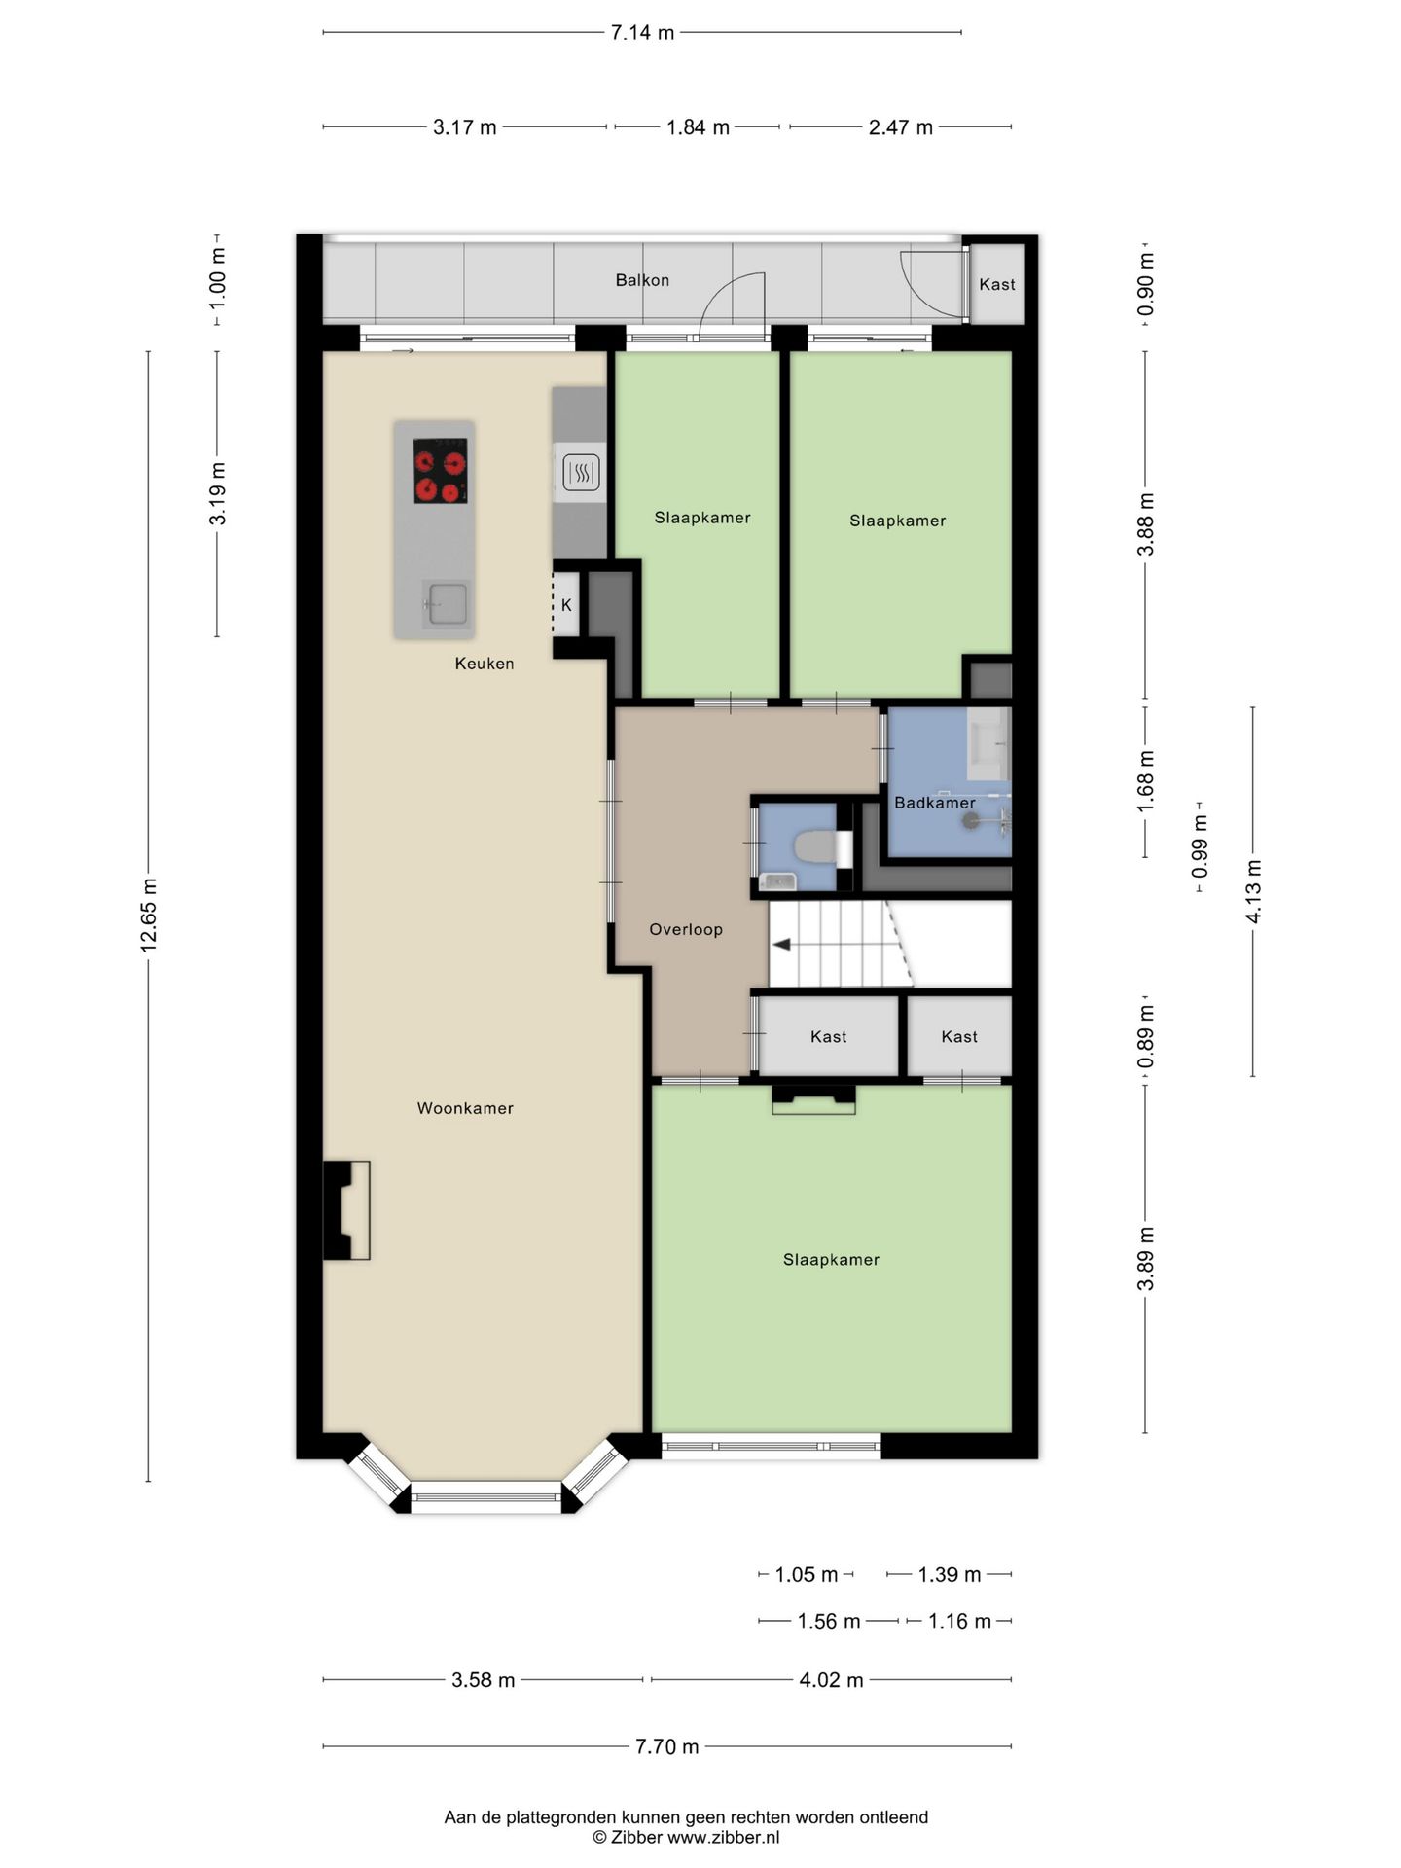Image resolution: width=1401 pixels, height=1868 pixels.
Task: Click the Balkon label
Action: (642, 280)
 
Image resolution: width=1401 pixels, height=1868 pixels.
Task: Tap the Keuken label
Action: (485, 664)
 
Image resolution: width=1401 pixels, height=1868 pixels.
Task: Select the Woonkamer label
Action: (465, 1108)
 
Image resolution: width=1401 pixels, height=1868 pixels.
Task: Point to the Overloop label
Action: (686, 929)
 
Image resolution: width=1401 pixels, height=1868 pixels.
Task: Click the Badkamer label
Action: (934, 803)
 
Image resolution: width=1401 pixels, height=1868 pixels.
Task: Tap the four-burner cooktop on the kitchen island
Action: (441, 471)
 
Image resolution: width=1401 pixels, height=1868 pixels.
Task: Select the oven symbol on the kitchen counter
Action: (581, 474)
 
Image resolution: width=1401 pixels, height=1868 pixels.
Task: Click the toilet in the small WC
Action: (815, 846)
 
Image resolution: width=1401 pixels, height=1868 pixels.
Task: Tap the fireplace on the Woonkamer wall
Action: (346, 1210)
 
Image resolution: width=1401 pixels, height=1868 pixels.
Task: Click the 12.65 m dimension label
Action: (149, 915)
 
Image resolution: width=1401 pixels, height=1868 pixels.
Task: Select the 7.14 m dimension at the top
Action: (642, 33)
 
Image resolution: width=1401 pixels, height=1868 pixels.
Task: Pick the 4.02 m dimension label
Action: (831, 1680)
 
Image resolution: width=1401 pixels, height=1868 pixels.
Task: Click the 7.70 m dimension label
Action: (667, 1746)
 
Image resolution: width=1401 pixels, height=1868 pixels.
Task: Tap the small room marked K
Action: (566, 605)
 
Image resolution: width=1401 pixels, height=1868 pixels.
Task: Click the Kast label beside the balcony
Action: (997, 284)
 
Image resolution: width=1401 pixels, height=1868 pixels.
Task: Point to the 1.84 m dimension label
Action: (698, 127)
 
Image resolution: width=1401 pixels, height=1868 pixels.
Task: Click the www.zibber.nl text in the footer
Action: (723, 1838)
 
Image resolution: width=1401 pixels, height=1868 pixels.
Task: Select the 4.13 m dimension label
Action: (1253, 892)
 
